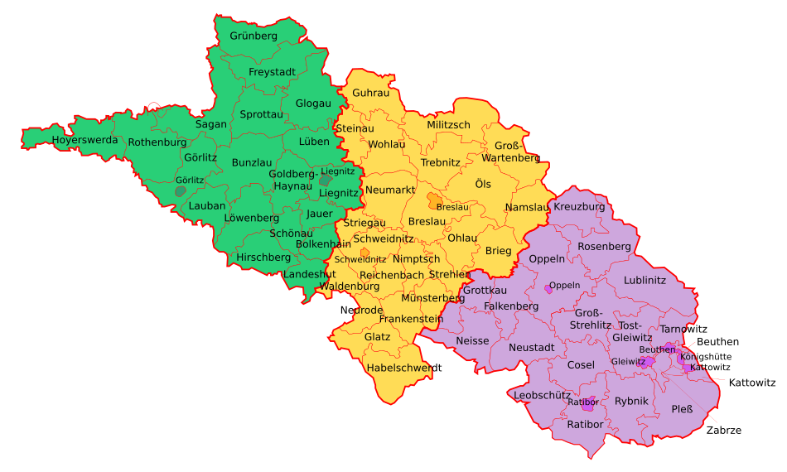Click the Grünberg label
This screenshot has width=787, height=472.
point(253,36)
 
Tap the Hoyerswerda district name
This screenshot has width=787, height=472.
point(84,140)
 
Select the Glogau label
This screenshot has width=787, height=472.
point(313,104)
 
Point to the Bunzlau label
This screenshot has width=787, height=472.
point(251,162)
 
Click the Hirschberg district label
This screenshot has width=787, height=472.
point(263,258)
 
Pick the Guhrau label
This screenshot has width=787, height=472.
point(370,93)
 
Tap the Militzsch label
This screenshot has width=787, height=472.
point(448,125)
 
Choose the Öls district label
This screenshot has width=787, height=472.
point(482,183)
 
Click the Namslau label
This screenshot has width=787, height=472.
point(527,207)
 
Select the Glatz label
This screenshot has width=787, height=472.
point(377,337)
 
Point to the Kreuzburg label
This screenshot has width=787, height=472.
point(579,206)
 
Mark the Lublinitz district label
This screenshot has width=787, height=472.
point(645,280)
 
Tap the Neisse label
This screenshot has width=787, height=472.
point(472,341)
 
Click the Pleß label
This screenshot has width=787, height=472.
point(682,409)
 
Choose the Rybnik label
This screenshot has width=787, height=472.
point(631,401)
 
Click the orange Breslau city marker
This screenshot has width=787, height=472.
point(435,200)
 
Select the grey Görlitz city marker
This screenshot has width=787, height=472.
point(181,191)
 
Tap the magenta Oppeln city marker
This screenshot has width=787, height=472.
point(548,289)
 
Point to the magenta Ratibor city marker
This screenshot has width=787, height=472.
point(588,404)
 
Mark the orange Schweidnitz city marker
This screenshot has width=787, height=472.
point(365,253)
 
